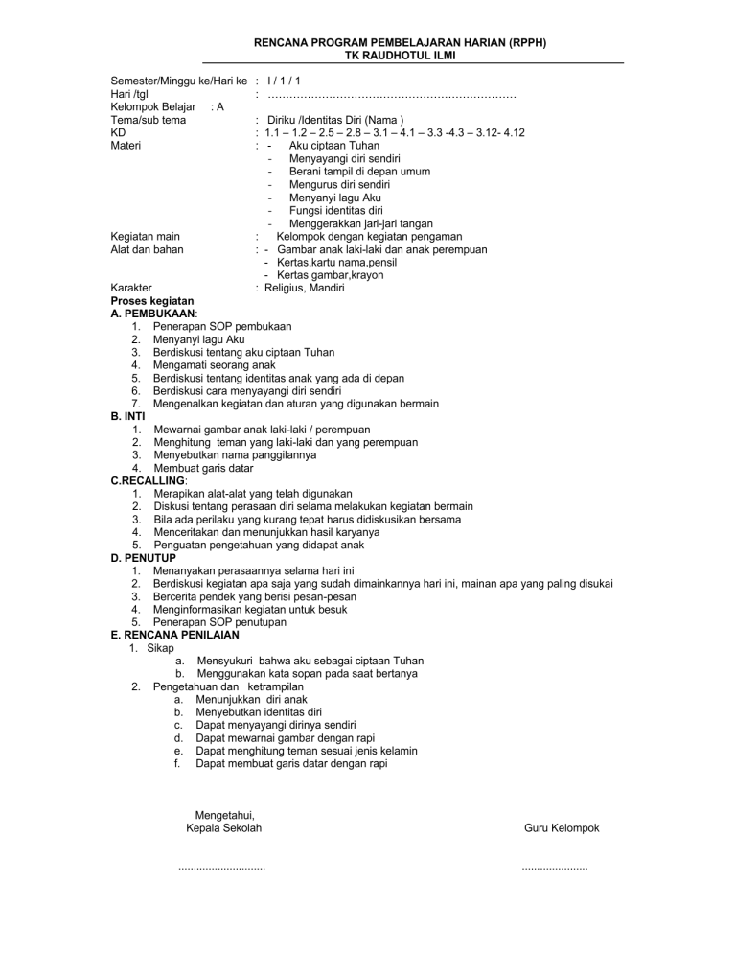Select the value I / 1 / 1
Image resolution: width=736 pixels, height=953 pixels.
coord(286,82)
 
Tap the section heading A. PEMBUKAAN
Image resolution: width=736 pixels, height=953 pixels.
coord(155,313)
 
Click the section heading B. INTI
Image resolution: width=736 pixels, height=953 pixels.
coord(128,416)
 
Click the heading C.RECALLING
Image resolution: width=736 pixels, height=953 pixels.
coord(149,480)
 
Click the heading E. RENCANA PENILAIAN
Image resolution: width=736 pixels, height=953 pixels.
coord(175,634)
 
